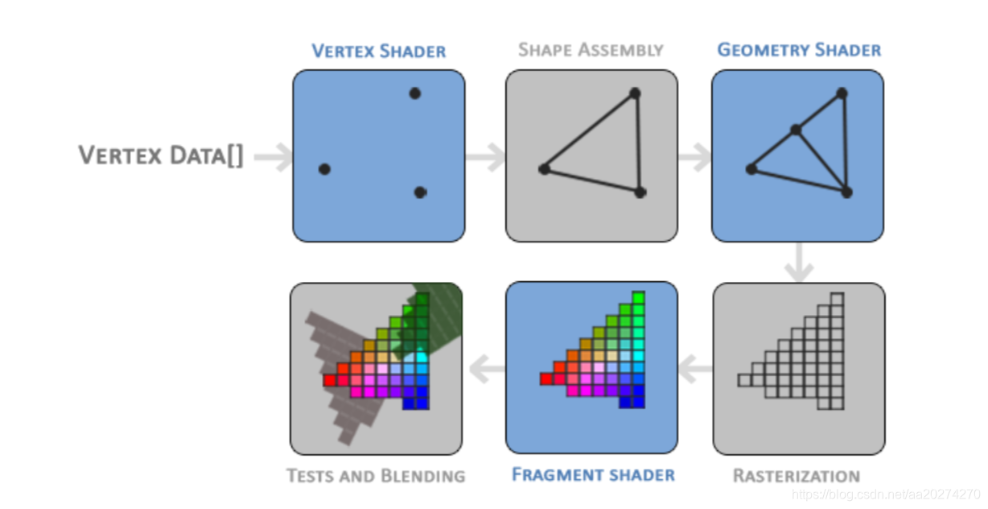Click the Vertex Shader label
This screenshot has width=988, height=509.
pyautogui.click(x=378, y=52)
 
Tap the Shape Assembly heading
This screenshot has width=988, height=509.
pyautogui.click(x=591, y=50)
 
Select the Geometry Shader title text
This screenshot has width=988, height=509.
pyautogui.click(x=798, y=50)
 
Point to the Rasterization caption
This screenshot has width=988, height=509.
pyautogui.click(x=796, y=476)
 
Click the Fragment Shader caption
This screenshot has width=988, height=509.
pyautogui.click(x=593, y=474)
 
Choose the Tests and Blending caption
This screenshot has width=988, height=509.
pyautogui.click(x=376, y=476)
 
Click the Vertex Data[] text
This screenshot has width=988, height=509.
pyautogui.click(x=161, y=155)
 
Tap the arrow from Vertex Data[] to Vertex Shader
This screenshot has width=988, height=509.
pyautogui.click(x=274, y=157)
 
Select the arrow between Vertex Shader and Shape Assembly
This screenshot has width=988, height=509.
pyautogui.click(x=485, y=157)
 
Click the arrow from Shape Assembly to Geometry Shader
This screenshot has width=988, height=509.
pyautogui.click(x=694, y=157)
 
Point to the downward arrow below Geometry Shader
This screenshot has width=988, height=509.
pyautogui.click(x=798, y=263)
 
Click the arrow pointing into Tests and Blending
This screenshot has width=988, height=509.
pyautogui.click(x=486, y=370)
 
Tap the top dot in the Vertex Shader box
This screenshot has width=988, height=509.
pyautogui.click(x=414, y=93)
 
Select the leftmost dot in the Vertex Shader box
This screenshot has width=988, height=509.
pyautogui.click(x=324, y=169)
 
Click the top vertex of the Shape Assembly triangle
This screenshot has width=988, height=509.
pyautogui.click(x=634, y=93)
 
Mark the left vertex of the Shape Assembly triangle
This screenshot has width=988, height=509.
pyautogui.click(x=544, y=169)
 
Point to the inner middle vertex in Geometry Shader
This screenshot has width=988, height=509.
pyautogui.click(x=795, y=130)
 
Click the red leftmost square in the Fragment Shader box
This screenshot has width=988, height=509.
pyautogui.click(x=545, y=379)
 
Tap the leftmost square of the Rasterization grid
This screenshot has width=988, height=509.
pyautogui.click(x=744, y=379)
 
